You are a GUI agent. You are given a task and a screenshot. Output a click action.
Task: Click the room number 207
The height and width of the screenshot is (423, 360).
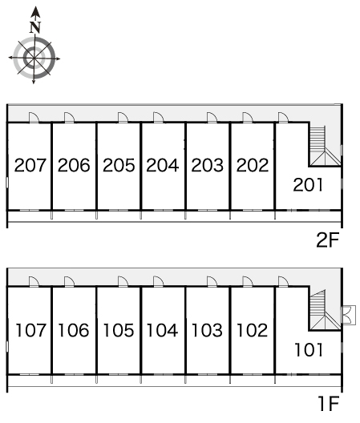point(30,165)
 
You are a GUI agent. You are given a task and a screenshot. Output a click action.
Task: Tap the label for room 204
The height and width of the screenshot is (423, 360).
point(162,165)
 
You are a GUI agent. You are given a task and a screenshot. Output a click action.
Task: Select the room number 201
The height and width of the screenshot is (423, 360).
point(308,185)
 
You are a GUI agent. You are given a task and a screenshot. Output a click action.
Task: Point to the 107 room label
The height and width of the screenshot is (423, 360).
point(30,330)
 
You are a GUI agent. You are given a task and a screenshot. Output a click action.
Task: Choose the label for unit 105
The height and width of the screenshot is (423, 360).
point(119,330)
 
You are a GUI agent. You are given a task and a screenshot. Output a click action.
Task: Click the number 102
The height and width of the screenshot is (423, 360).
point(252,330)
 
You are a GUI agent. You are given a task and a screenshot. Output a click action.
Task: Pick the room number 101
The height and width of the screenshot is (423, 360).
point(309,350)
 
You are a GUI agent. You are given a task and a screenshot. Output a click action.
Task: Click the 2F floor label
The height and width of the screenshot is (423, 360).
point(327,240)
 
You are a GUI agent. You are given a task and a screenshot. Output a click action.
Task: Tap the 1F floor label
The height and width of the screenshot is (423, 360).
point(329,404)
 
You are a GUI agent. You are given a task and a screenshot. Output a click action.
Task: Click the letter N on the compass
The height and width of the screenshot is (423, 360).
point(35,27)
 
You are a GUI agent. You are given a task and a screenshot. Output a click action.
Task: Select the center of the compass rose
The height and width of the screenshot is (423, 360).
point(34,58)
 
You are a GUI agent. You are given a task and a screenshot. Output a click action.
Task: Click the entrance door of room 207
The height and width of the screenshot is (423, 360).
point(34,118)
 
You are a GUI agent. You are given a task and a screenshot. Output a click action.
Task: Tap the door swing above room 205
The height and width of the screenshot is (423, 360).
point(123,118)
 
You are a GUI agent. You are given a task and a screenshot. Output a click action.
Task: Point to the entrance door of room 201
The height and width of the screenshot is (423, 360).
point(283,118)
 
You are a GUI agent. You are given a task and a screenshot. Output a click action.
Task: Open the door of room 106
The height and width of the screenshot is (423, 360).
point(70,282)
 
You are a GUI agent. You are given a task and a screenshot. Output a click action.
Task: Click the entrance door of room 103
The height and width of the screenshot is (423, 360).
point(212,282)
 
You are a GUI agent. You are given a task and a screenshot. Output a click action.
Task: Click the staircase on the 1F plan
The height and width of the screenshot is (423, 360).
point(324,310)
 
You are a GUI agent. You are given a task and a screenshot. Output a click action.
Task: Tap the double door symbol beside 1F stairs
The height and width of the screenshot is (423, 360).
point(348,315)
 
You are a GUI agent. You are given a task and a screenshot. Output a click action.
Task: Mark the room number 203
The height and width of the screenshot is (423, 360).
point(207,165)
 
